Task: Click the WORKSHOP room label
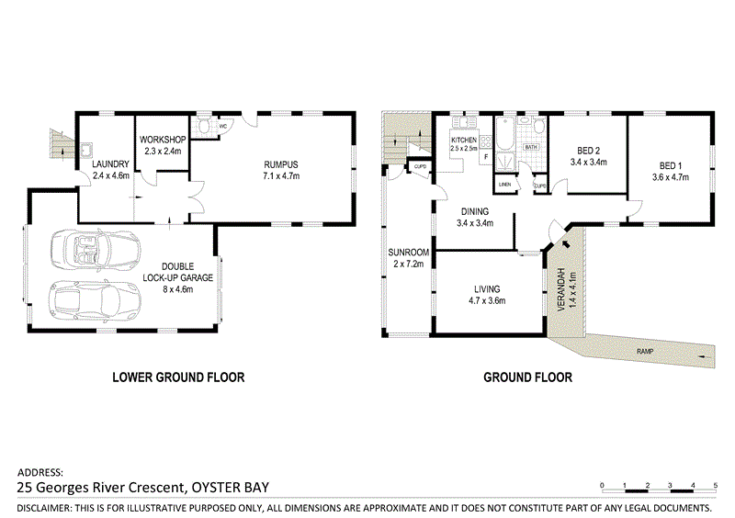click(163, 140)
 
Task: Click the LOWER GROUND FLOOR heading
click(178, 377)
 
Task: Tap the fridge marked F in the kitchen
click(484, 157)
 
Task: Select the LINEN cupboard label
click(504, 186)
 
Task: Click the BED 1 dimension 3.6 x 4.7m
click(670, 177)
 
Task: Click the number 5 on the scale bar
click(715, 484)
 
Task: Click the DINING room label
click(475, 210)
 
